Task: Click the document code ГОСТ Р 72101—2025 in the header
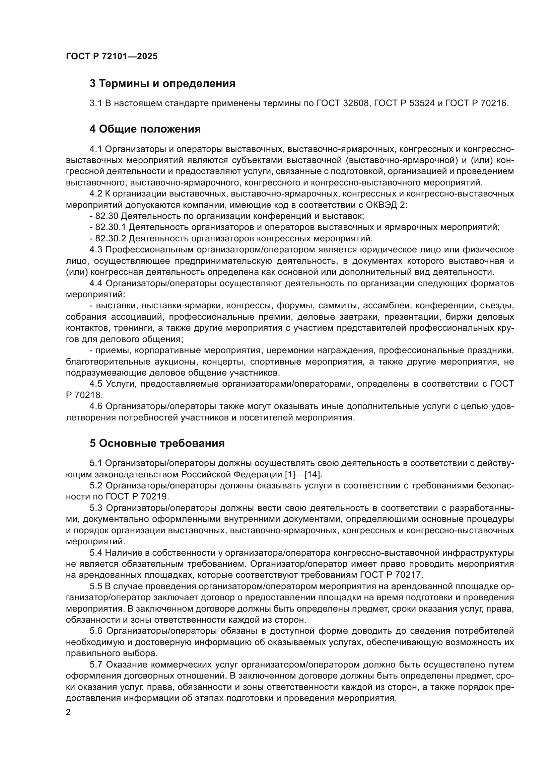(x=112, y=56)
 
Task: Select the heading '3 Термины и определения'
(x=162, y=84)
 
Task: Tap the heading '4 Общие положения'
(x=145, y=129)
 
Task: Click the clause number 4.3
(x=96, y=250)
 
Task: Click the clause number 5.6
(x=96, y=631)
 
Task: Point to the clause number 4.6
(x=96, y=406)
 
